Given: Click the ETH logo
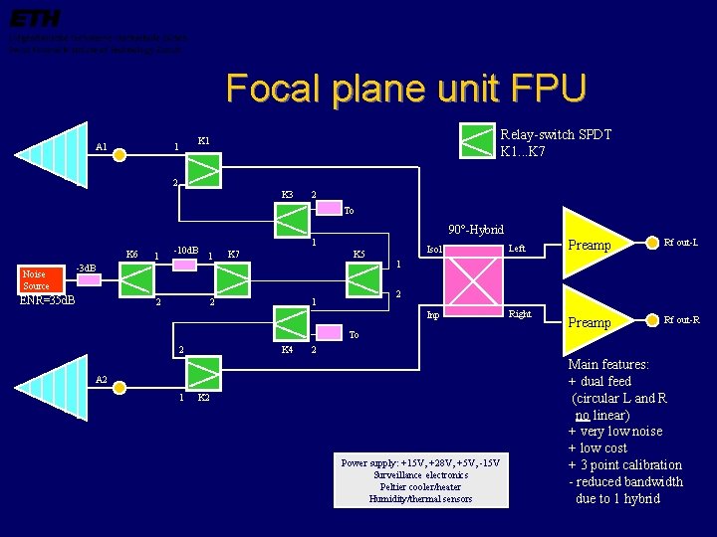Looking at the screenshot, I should click(x=35, y=18).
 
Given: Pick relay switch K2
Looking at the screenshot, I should click(x=204, y=373).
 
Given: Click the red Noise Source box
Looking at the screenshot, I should click(x=37, y=280).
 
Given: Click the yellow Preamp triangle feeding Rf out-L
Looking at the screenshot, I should click(x=597, y=244).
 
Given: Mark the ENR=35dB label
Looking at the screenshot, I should click(x=48, y=299).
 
